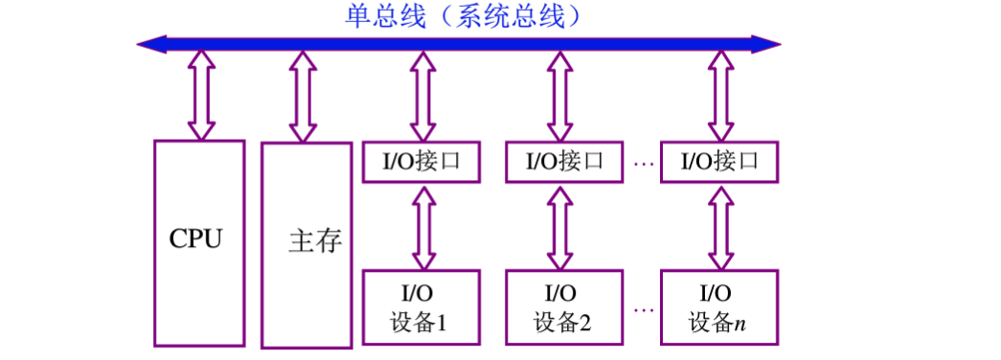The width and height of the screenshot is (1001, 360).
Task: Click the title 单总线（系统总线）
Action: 464,15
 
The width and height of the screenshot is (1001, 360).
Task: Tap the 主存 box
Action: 307,244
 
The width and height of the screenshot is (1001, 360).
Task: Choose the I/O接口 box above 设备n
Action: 719,162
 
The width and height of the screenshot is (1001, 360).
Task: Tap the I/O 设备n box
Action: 719,306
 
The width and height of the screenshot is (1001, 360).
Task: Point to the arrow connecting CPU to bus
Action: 200,94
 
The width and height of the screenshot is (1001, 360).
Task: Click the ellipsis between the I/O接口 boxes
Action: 643,164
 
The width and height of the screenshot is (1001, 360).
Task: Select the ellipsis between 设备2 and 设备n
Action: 643,309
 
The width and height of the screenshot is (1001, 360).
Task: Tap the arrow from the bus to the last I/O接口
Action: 719,95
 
